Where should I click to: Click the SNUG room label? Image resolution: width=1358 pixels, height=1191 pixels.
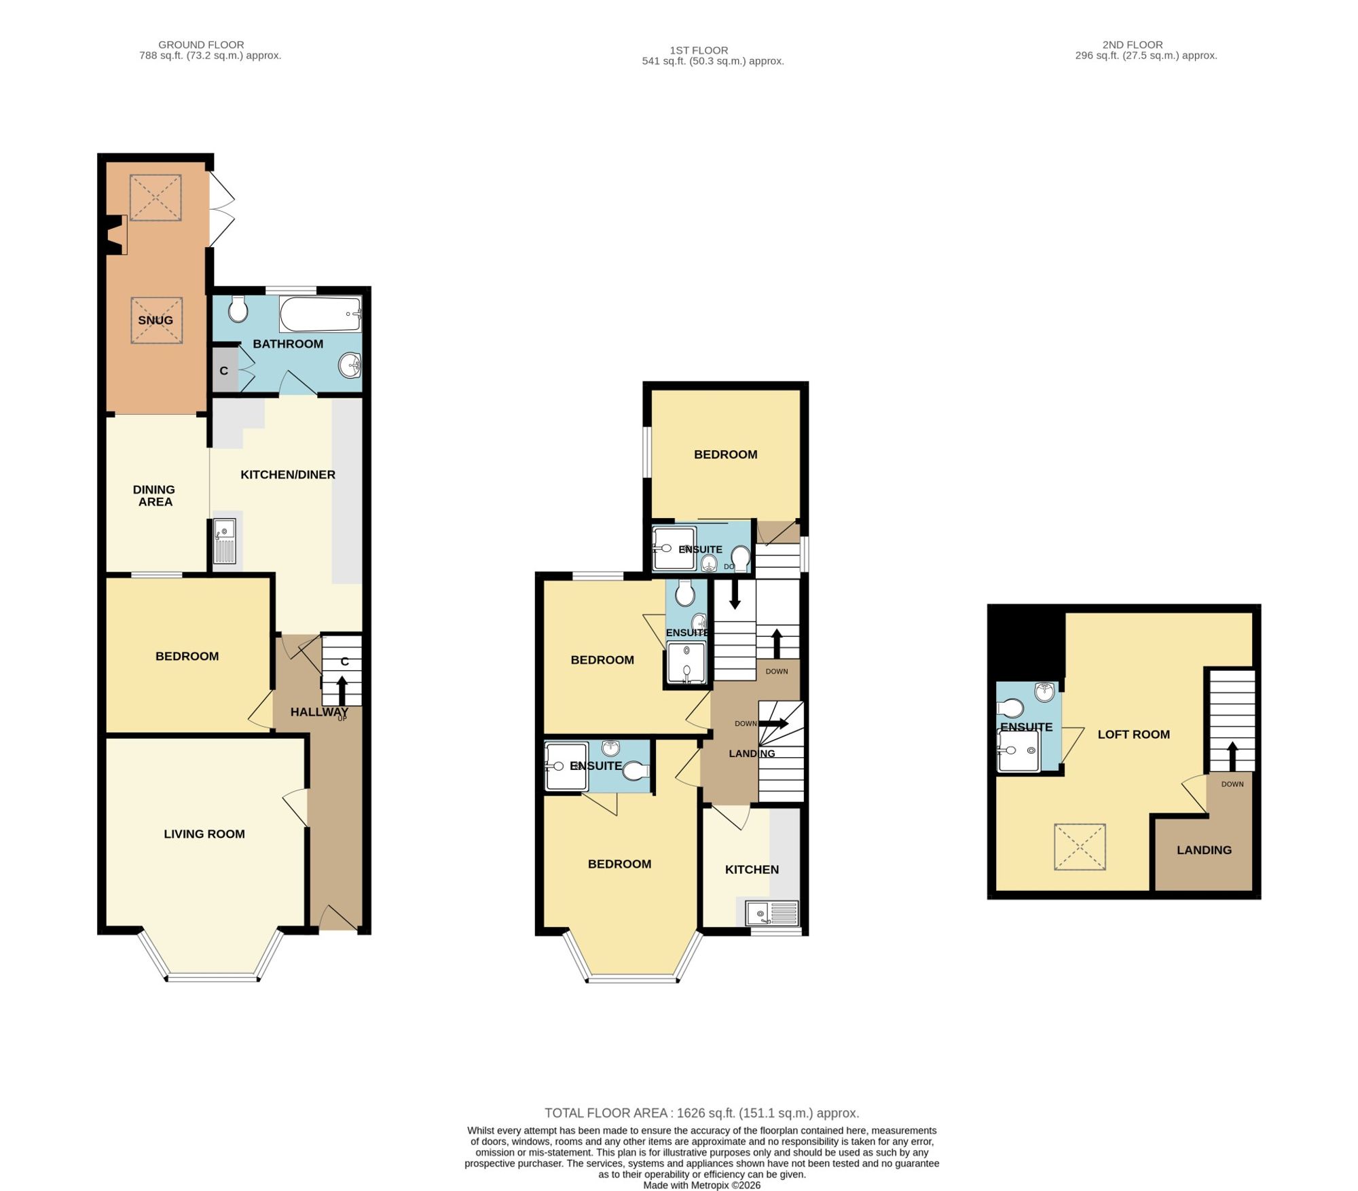pyautogui.click(x=155, y=320)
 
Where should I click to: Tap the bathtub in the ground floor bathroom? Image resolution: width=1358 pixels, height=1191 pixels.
pyautogui.click(x=320, y=314)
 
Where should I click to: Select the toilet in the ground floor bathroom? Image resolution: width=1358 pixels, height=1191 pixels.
pyautogui.click(x=238, y=309)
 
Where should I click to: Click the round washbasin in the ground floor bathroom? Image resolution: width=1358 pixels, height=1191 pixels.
pyautogui.click(x=350, y=366)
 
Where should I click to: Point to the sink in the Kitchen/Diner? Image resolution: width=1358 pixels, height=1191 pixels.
pyautogui.click(x=225, y=541)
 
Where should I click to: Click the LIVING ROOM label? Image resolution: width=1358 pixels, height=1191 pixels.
pyautogui.click(x=204, y=834)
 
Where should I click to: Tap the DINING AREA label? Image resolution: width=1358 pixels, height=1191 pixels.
pyautogui.click(x=154, y=496)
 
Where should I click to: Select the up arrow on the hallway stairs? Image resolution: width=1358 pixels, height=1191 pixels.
pyautogui.click(x=342, y=691)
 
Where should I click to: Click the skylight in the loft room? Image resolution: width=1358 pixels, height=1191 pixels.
pyautogui.click(x=1080, y=847)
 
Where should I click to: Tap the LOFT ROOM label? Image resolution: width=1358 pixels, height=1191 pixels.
pyautogui.click(x=1134, y=734)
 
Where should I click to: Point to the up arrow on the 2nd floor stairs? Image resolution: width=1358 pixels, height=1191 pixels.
pyautogui.click(x=1232, y=756)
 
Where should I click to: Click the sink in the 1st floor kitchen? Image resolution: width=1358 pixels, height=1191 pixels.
pyautogui.click(x=772, y=913)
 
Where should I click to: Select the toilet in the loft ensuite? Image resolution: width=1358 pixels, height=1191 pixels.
pyautogui.click(x=1010, y=708)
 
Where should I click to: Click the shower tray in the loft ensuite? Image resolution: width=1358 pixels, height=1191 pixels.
pyautogui.click(x=1019, y=751)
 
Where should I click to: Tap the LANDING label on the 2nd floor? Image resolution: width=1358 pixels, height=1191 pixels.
pyautogui.click(x=1204, y=850)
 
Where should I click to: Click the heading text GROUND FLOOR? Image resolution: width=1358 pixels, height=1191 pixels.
pyautogui.click(x=201, y=45)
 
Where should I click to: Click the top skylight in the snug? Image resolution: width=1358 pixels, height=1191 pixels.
pyautogui.click(x=155, y=198)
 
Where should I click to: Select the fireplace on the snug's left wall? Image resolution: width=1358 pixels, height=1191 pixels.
pyautogui.click(x=117, y=235)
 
